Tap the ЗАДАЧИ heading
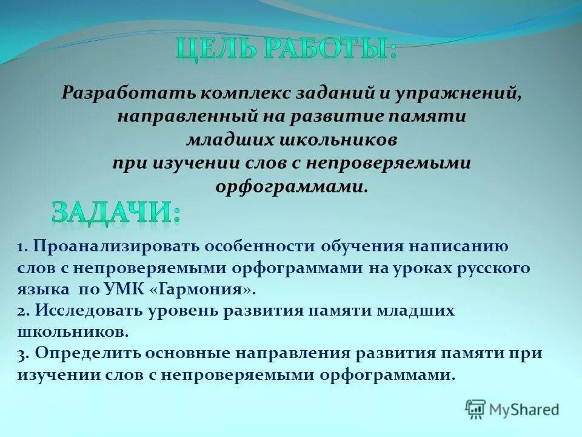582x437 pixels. [x=115, y=213]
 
